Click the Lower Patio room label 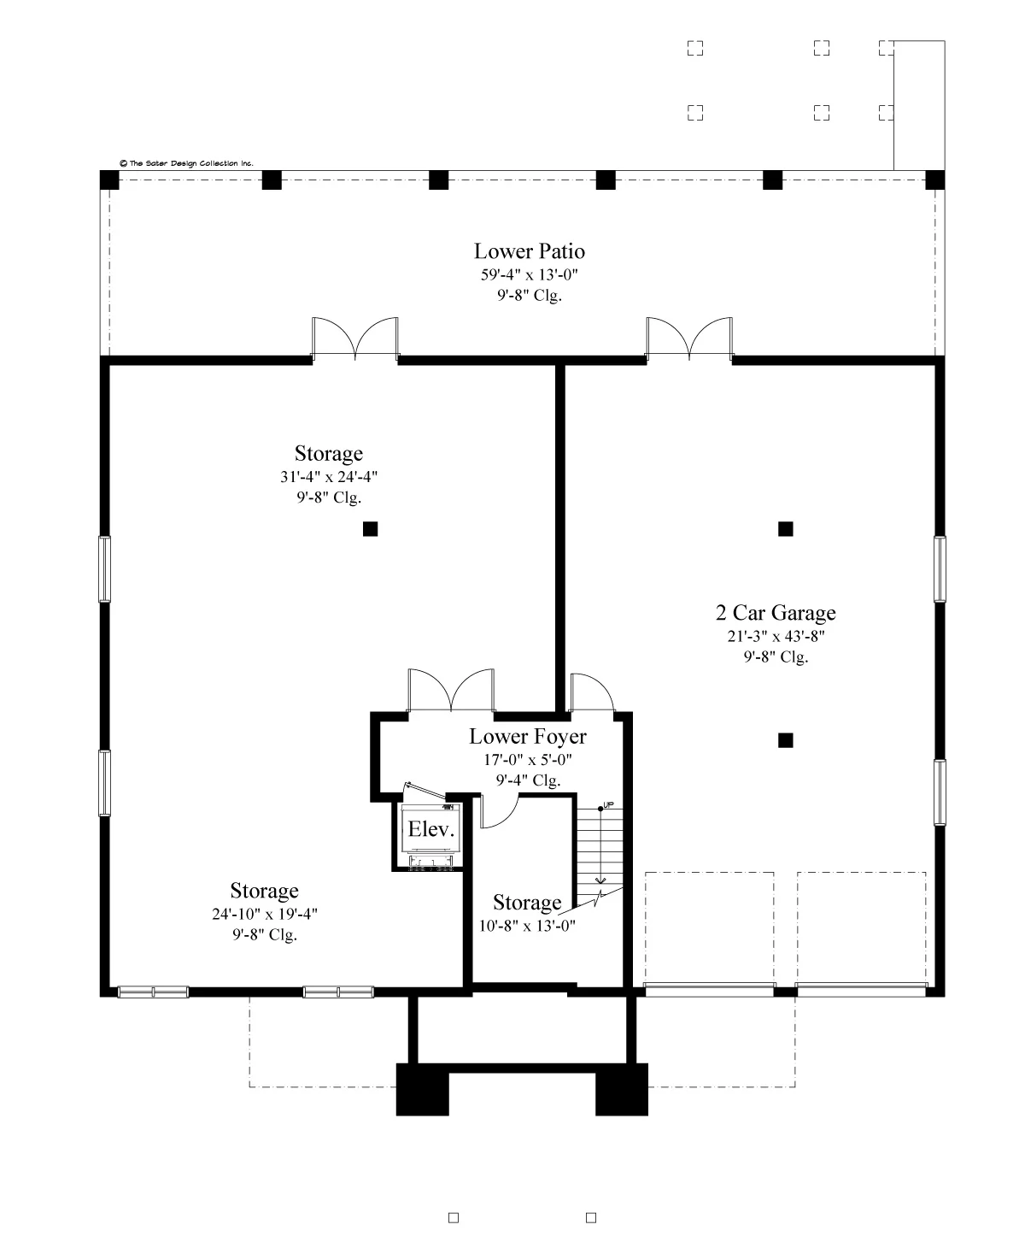tap(529, 251)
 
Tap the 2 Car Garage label tap(776, 612)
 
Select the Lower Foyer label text tap(528, 736)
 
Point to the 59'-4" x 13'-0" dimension tap(529, 274)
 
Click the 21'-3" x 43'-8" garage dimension tap(776, 636)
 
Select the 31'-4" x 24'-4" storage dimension tap(329, 477)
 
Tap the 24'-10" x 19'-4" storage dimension tap(265, 914)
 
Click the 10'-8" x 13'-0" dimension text tap(527, 926)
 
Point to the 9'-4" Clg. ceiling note tap(528, 780)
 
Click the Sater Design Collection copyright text tap(186, 163)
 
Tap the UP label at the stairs tap(608, 805)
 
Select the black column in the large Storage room tap(370, 528)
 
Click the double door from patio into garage tap(689, 339)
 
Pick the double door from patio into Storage tap(355, 339)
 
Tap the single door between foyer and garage tap(592, 692)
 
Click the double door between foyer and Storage tap(451, 691)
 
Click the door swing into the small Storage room tap(498, 812)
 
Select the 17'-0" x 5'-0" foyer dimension tap(528, 760)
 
